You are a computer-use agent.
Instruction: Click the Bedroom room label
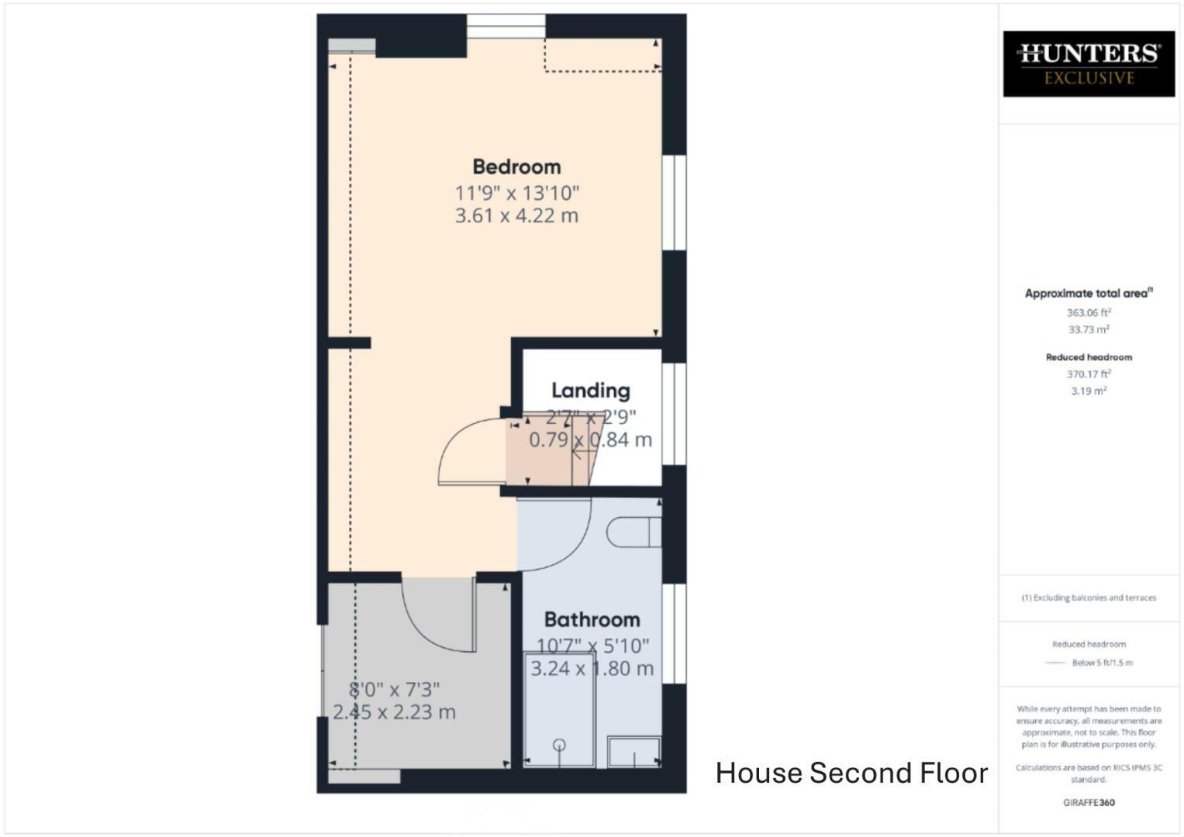pyautogui.click(x=516, y=167)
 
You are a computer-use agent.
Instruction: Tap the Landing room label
pyautogui.click(x=590, y=391)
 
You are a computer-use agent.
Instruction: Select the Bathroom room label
pyautogui.click(x=592, y=619)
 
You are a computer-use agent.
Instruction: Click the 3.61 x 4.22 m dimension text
pyautogui.click(x=516, y=215)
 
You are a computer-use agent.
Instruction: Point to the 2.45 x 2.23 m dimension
pyautogui.click(x=394, y=711)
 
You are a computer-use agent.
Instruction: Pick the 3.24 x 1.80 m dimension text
pyautogui.click(x=592, y=668)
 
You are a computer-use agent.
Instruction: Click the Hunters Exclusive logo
pyautogui.click(x=1089, y=64)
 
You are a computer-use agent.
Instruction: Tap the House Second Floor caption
pyautogui.click(x=851, y=773)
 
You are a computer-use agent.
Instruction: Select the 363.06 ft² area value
pyautogui.click(x=1089, y=312)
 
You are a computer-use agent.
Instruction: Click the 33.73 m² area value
pyautogui.click(x=1089, y=329)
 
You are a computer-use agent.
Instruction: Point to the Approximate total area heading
pyautogui.click(x=1089, y=294)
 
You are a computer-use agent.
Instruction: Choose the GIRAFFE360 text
pyautogui.click(x=1089, y=803)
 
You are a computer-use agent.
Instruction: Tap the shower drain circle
pyautogui.click(x=559, y=746)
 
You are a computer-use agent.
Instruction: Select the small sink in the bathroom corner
pyautogui.click(x=633, y=752)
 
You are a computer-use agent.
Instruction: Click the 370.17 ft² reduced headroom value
pyautogui.click(x=1089, y=374)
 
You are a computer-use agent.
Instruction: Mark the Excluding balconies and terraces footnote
pyautogui.click(x=1089, y=598)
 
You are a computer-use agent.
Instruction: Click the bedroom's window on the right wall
pyautogui.click(x=674, y=203)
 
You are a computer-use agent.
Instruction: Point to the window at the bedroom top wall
pyautogui.click(x=506, y=26)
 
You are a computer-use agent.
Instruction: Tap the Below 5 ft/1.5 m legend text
pyautogui.click(x=1102, y=663)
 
